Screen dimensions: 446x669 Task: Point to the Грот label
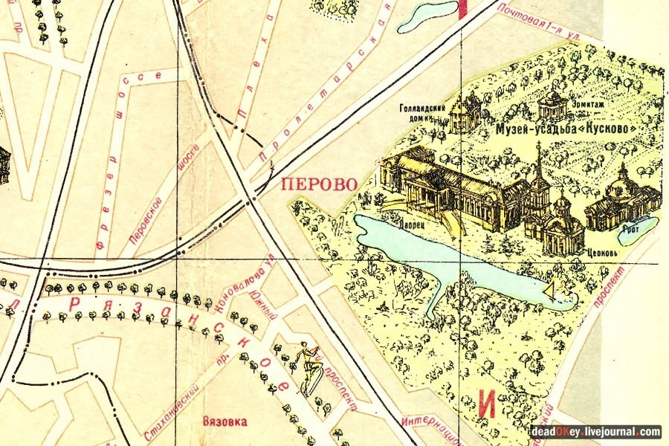633,230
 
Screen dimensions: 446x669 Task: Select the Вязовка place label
224,421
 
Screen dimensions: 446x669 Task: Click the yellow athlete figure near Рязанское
308,368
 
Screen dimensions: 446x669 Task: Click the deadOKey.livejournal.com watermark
595,431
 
